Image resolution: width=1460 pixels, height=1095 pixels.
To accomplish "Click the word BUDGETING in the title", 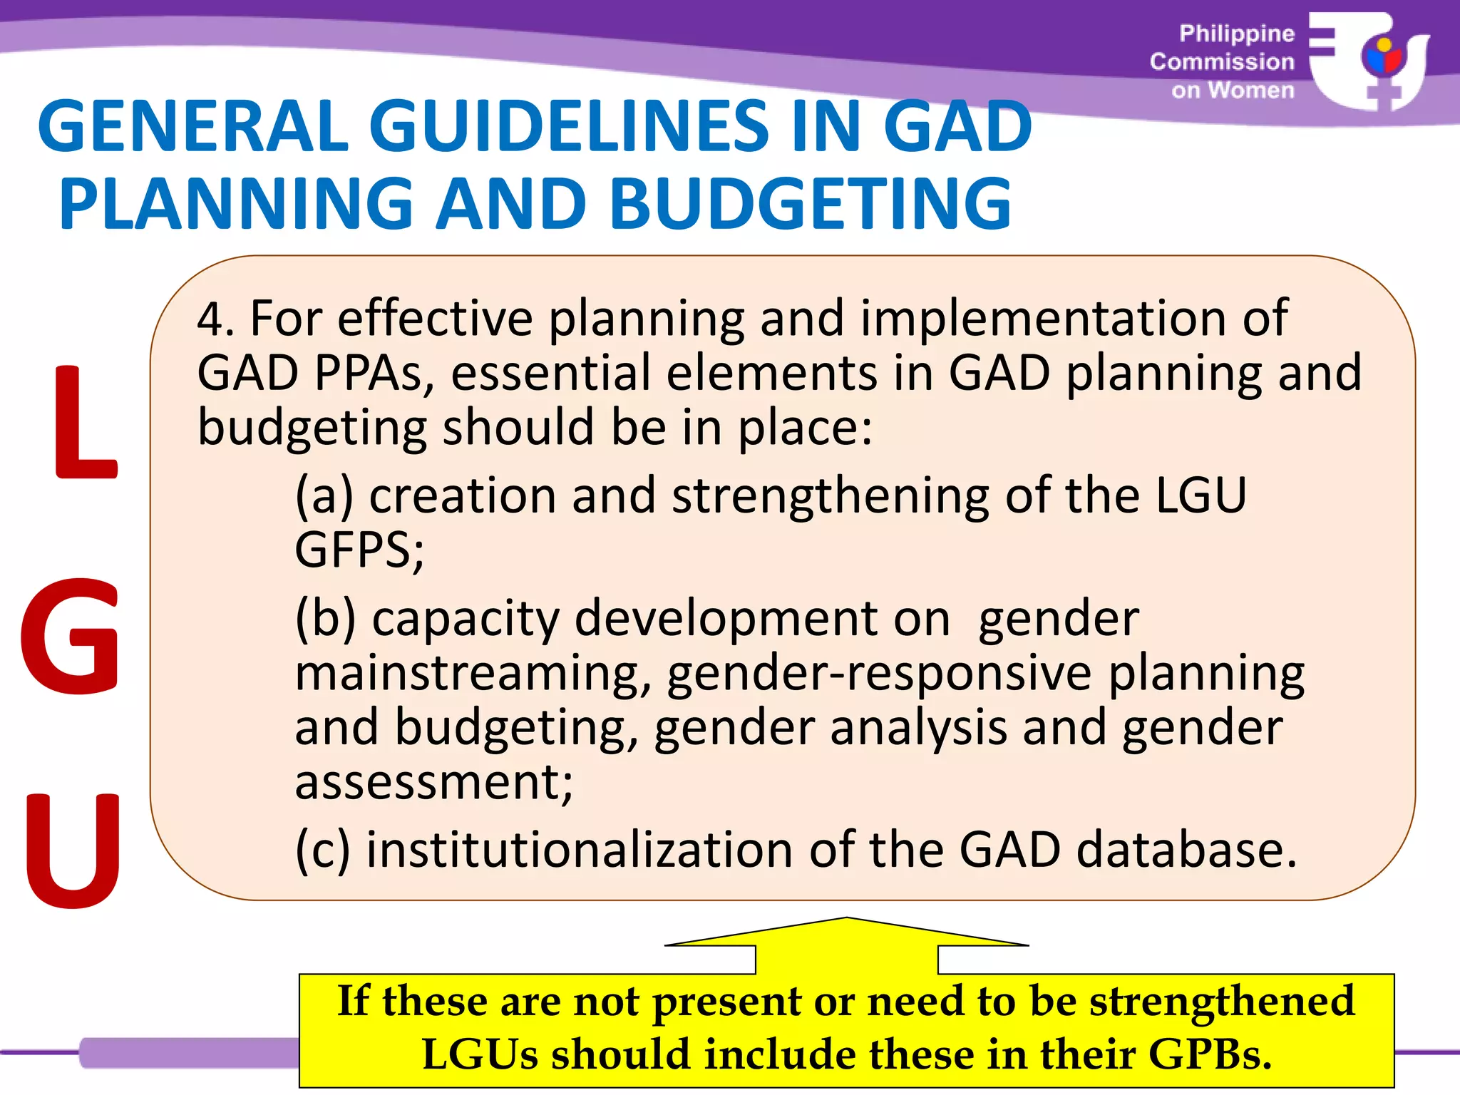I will (811, 204).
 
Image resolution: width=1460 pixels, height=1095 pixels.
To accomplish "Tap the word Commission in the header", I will (1222, 62).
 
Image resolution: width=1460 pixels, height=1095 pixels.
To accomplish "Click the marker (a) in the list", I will (324, 495).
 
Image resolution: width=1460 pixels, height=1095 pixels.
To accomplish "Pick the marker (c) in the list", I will (323, 850).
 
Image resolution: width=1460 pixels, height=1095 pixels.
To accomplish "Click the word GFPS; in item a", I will (359, 550).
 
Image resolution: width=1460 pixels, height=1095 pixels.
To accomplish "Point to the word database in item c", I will (1186, 850).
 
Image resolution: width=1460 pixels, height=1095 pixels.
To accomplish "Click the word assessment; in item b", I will (433, 783).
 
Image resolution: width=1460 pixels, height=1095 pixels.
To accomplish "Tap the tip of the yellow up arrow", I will (847, 920).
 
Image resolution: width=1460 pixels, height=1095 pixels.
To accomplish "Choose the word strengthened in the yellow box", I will (1222, 1001).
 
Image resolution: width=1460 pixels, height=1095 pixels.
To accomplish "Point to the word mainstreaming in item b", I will (473, 674).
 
